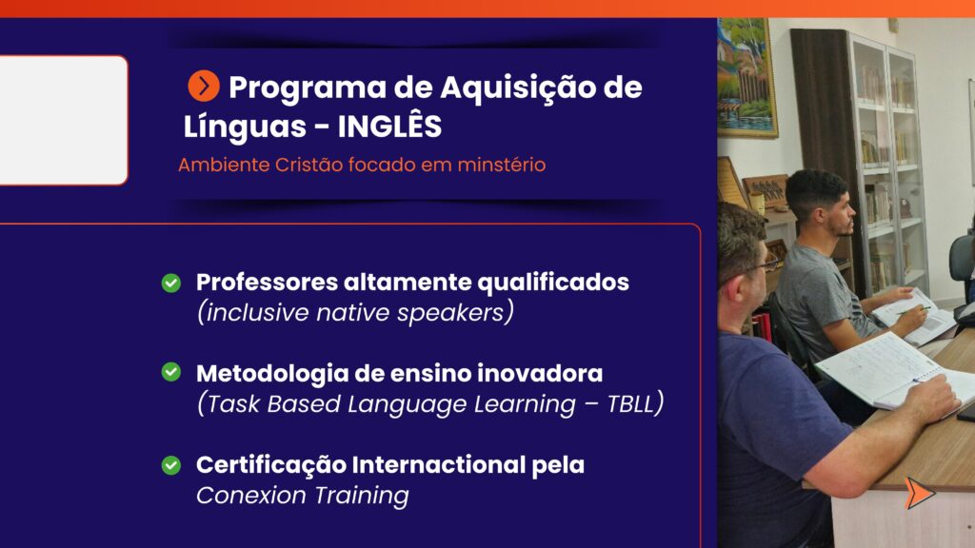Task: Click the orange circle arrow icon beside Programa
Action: pyautogui.click(x=204, y=86)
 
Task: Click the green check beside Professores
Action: pyautogui.click(x=171, y=284)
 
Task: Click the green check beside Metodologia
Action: pyautogui.click(x=171, y=372)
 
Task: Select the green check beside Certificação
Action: pyautogui.click(x=171, y=465)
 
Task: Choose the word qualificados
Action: pyautogui.click(x=553, y=284)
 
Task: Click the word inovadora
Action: pyautogui.click(x=540, y=373)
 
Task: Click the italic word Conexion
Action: pyautogui.click(x=251, y=495)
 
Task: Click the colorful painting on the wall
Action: pyautogui.click(x=746, y=76)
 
